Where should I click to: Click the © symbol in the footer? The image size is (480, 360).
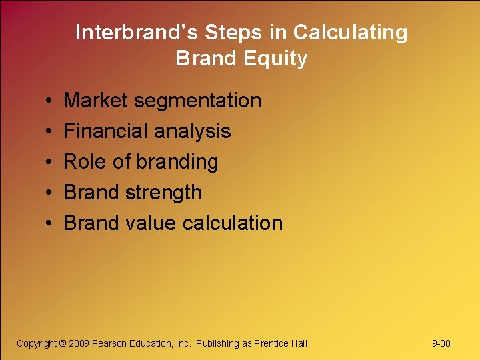(63, 343)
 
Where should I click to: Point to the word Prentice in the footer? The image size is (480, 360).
(271, 343)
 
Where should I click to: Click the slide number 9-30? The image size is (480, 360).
(441, 343)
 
